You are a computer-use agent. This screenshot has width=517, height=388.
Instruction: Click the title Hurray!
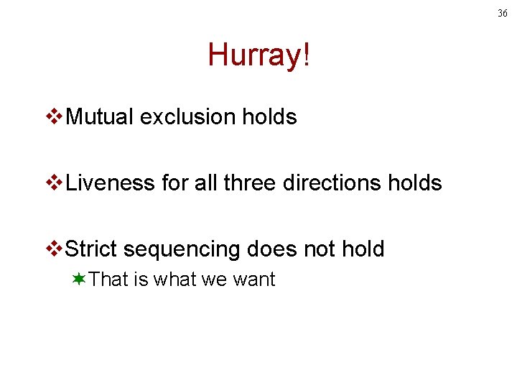click(258, 55)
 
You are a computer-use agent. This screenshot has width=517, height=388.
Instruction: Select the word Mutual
click(100, 117)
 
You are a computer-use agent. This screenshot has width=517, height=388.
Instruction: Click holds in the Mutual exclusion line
click(269, 117)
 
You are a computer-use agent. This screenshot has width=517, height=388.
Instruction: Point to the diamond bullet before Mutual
click(55, 117)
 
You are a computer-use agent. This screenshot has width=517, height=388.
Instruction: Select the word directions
click(331, 183)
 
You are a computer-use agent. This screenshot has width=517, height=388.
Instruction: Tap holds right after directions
click(414, 183)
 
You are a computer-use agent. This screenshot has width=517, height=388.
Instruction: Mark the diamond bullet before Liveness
click(55, 183)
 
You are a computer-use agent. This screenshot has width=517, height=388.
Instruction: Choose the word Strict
click(91, 249)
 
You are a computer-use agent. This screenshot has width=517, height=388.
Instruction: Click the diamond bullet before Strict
click(55, 249)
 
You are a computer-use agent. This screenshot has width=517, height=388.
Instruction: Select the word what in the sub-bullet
click(174, 280)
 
